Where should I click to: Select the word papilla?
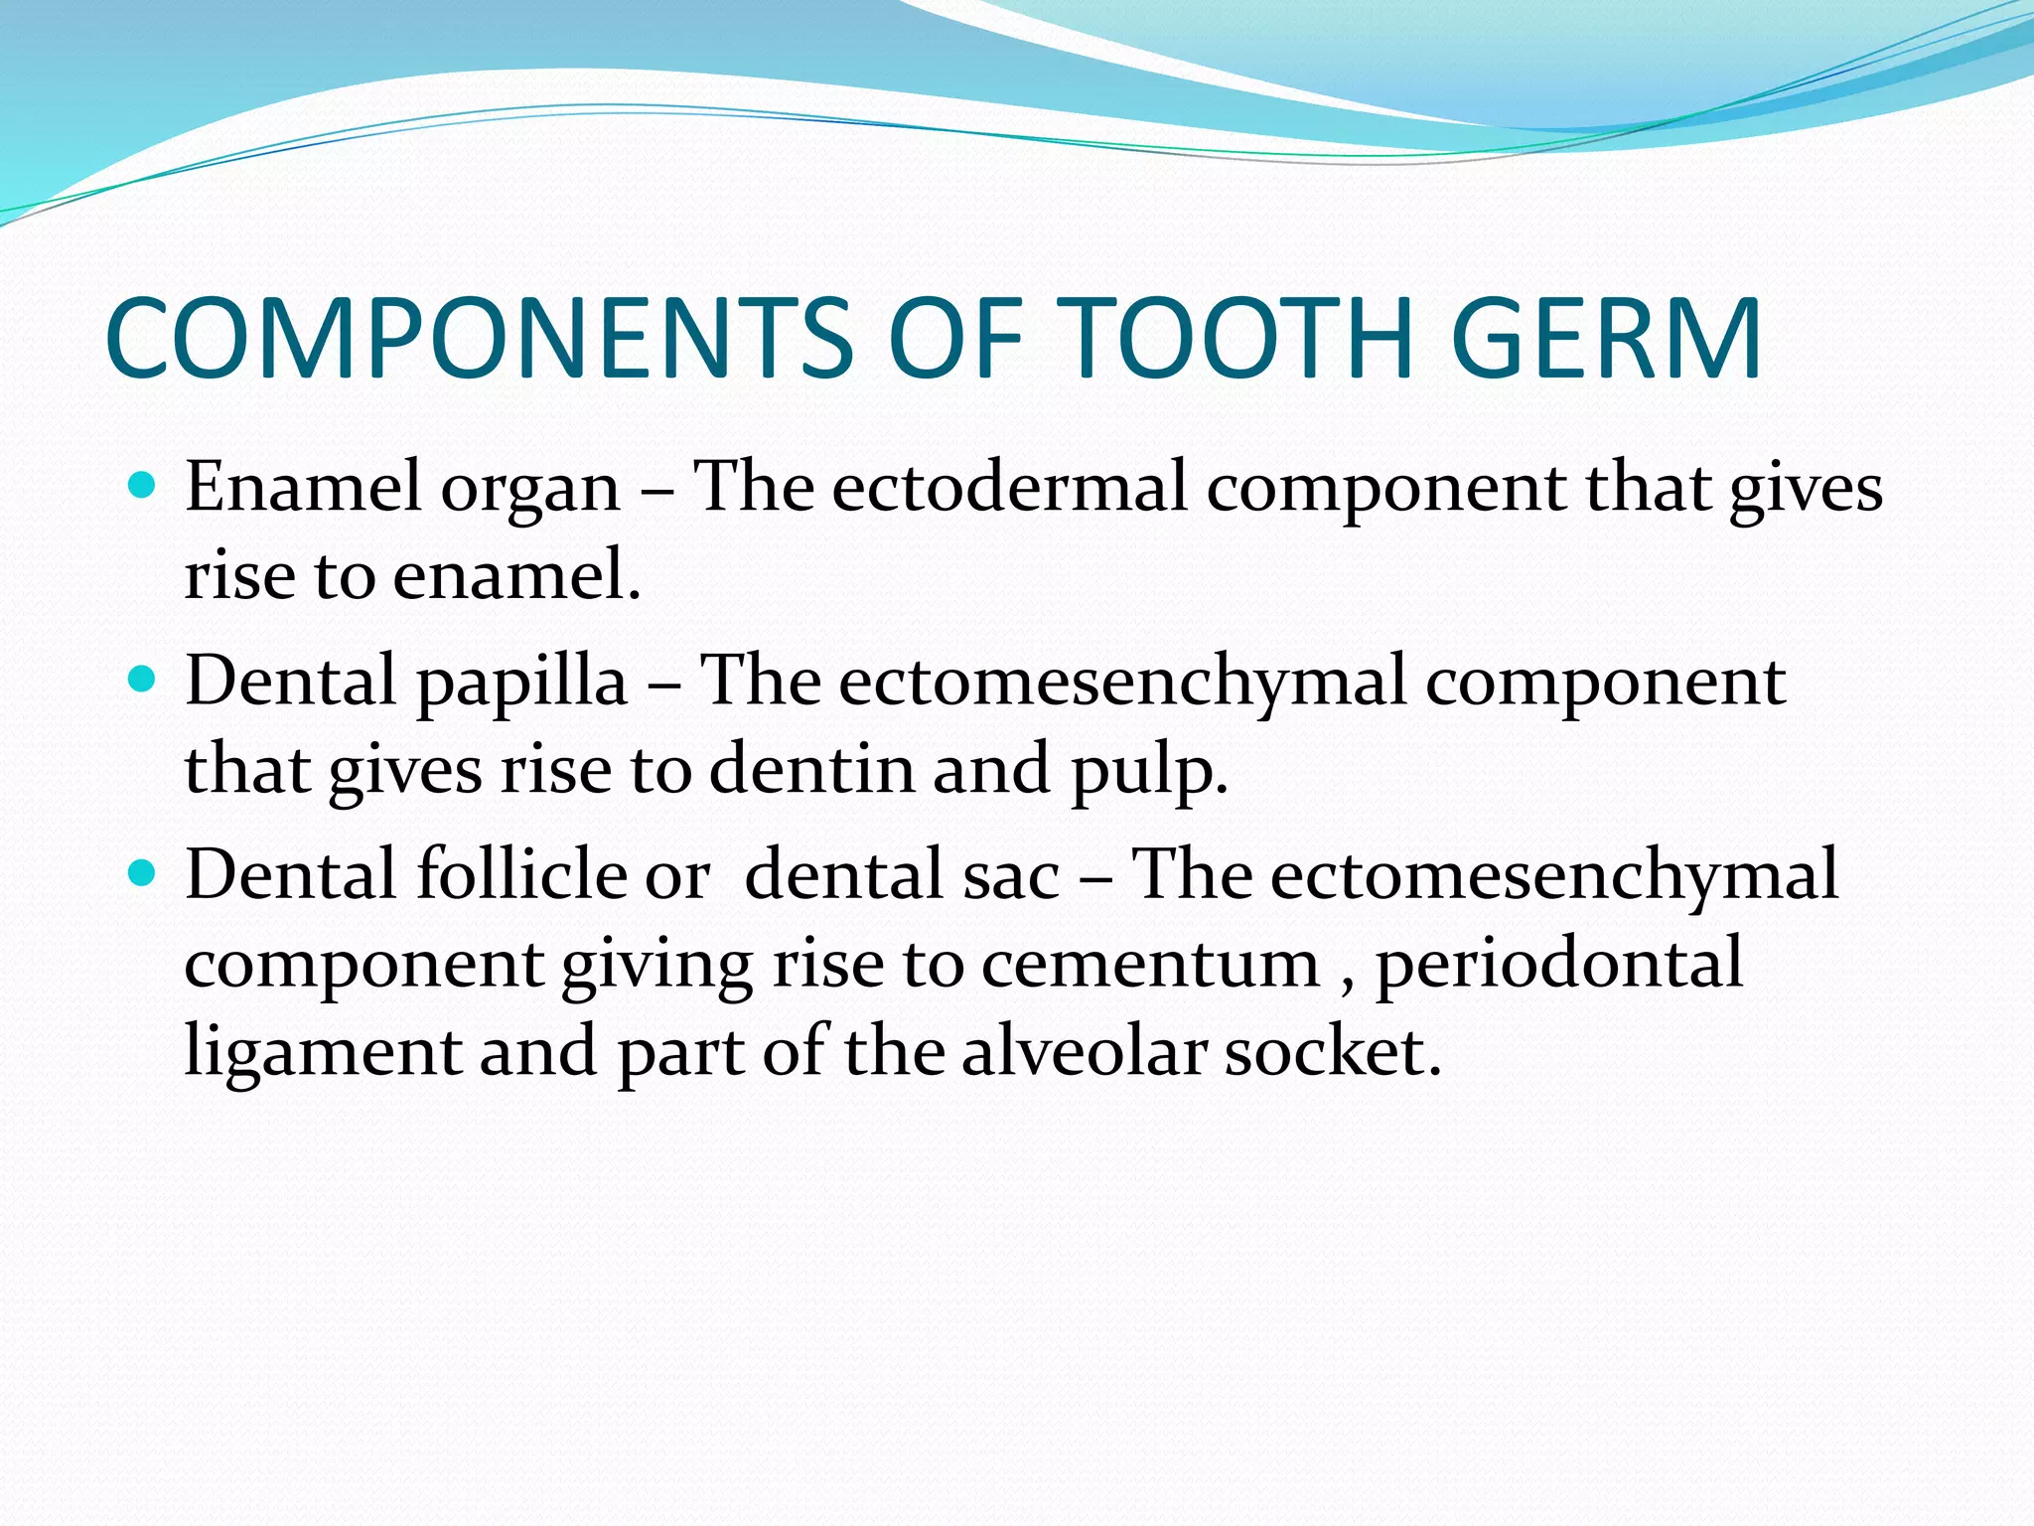pos(521,684)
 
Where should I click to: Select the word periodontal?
pos(1558,964)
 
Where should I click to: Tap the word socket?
pos(1331,1051)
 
